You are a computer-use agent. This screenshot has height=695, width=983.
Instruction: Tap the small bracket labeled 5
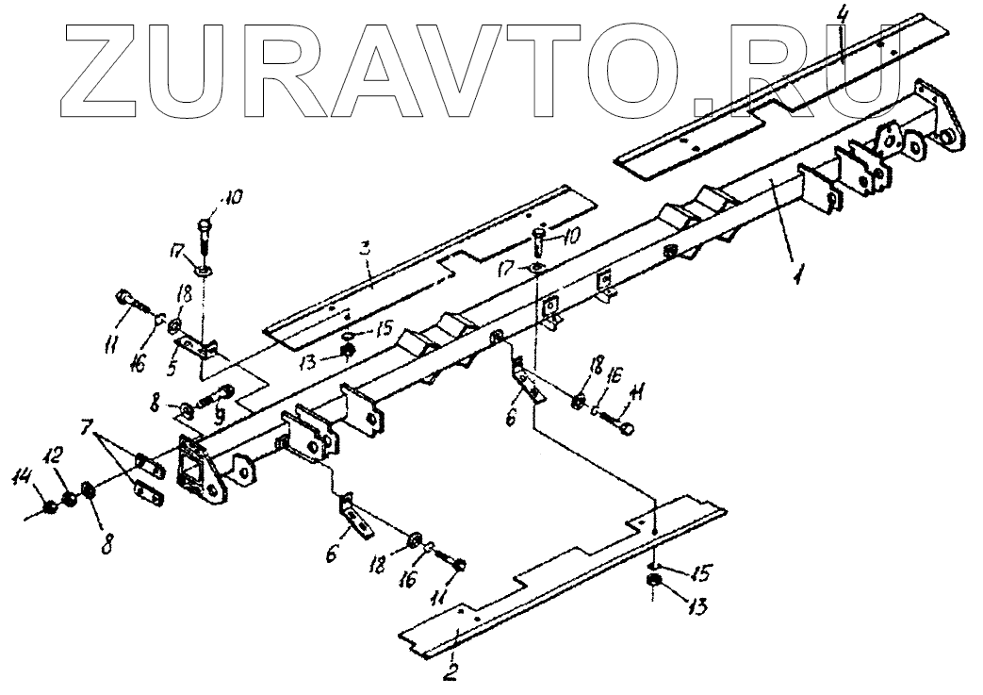[x=203, y=348]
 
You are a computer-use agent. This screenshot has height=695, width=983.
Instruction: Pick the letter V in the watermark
[x=477, y=64]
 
